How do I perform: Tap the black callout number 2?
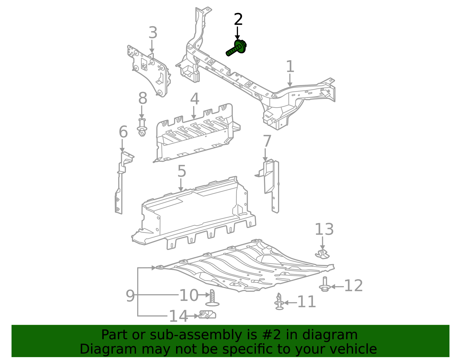(238, 20)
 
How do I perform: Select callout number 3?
(153, 33)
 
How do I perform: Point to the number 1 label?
(290, 67)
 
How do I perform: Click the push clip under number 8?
(142, 128)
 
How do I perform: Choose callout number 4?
(194, 99)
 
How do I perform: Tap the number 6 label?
(123, 132)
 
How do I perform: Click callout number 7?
(267, 142)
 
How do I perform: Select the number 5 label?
(182, 171)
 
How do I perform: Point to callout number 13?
(324, 229)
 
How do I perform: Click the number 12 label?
(354, 286)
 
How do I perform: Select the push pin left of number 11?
(279, 302)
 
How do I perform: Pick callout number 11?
(307, 302)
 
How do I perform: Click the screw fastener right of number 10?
(212, 298)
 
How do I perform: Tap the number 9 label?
(130, 296)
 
